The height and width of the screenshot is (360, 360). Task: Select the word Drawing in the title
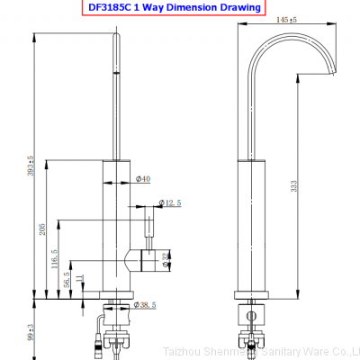point(237,7)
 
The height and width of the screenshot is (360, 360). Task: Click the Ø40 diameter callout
point(142,180)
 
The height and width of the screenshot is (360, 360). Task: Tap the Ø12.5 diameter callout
point(169,203)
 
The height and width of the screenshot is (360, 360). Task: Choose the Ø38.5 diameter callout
point(147,306)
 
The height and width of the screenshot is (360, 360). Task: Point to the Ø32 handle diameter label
point(165,261)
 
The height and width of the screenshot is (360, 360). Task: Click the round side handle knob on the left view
point(146,260)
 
